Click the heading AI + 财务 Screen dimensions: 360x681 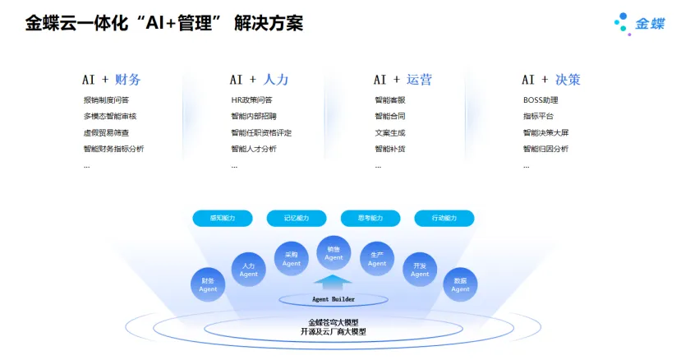(111, 80)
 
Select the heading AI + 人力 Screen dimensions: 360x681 (259, 80)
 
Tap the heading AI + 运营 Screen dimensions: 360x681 (403, 80)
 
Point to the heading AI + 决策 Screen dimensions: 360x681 (551, 80)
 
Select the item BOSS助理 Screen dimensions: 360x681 (540, 100)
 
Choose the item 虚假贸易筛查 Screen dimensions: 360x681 (106, 132)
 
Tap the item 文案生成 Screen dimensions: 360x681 (389, 132)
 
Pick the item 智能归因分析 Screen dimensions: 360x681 (545, 149)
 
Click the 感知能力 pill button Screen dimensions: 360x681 (223, 218)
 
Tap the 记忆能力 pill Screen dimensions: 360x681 (297, 218)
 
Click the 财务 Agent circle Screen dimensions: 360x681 (209, 285)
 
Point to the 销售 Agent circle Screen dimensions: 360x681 (334, 253)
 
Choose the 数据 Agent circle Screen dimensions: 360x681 (461, 285)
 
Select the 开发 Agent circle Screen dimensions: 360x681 (420, 270)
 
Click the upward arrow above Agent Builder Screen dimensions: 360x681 (334, 282)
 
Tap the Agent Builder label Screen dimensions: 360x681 (334, 299)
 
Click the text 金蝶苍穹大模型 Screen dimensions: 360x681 (334, 322)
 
